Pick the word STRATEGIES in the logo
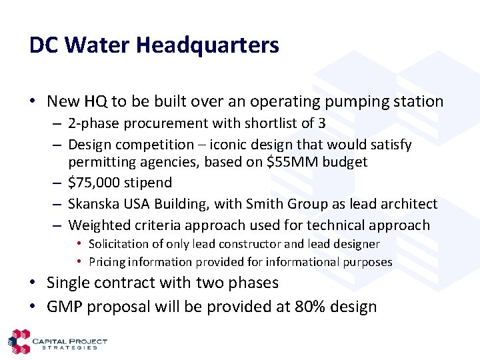tap(69, 347)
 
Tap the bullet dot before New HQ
tap(33, 102)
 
